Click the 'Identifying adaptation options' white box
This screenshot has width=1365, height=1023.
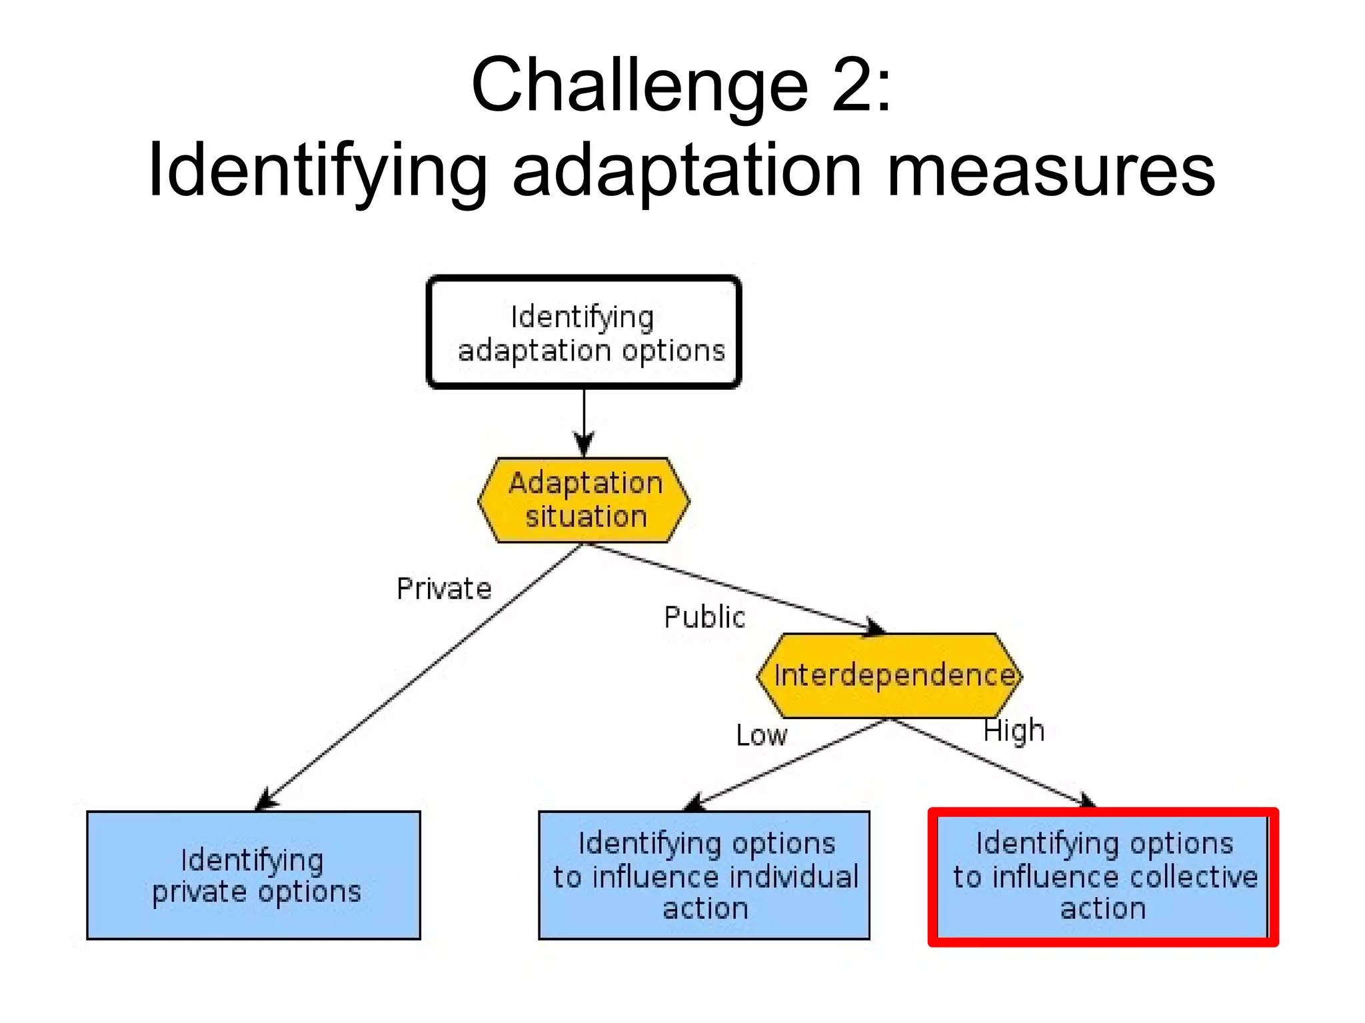[583, 332]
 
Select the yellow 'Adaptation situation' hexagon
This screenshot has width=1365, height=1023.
[584, 500]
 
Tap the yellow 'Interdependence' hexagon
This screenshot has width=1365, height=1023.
[889, 675]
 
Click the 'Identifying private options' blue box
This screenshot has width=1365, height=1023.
[253, 875]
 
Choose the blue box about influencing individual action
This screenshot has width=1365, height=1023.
[704, 875]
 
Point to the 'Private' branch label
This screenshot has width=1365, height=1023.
[444, 589]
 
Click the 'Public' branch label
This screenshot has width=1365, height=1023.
[704, 617]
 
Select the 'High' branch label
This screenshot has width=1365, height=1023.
[1014, 731]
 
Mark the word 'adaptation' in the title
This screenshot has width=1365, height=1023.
[686, 172]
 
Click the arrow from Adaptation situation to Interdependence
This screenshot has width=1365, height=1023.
[733, 586]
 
